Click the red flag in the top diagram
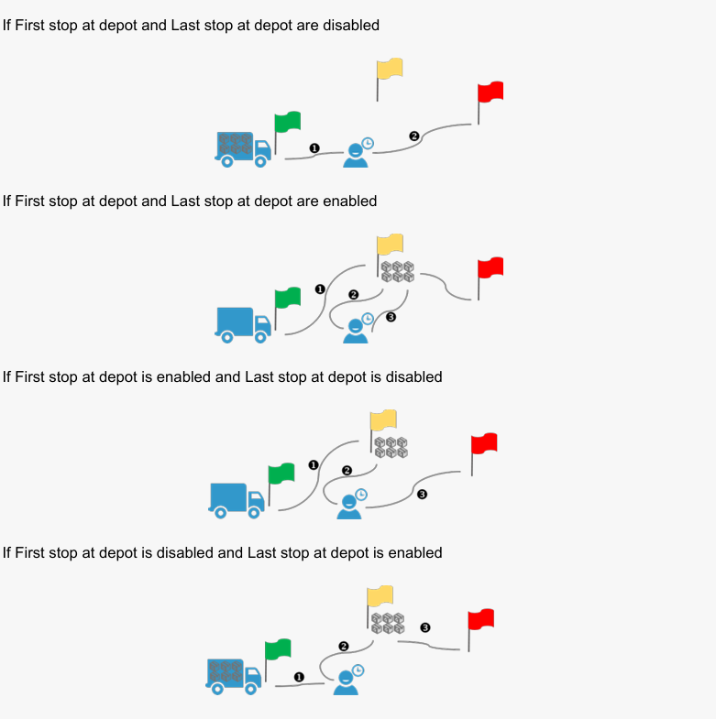coord(490,93)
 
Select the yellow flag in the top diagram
coord(390,69)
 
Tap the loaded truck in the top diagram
coord(243,148)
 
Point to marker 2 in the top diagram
coord(413,136)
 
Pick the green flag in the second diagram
coord(288,298)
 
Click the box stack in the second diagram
coord(397,270)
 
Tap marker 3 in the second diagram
coord(391,317)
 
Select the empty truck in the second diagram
coord(243,324)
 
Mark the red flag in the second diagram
coord(490,267)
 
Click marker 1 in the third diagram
coord(314,464)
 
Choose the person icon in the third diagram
coord(350,505)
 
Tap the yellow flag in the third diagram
coord(383,419)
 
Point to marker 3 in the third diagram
coord(422,495)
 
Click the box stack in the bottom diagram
coord(388,624)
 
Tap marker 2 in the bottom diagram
coord(344,646)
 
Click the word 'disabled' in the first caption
coord(348,25)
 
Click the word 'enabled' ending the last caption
coord(414,552)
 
